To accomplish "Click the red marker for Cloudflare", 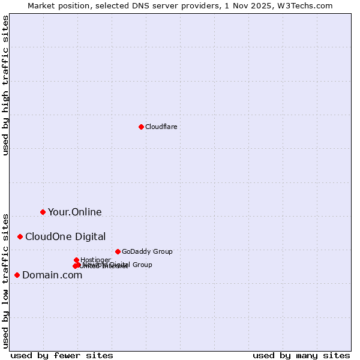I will tap(141, 127).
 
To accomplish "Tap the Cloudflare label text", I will tap(161, 127).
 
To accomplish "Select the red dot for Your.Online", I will tap(43, 212).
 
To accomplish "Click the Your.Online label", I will tap(74, 212).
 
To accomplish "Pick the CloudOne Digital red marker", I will tap(20, 236).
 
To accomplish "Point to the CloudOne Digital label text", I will tap(65, 236).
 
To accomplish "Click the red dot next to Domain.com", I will tap(17, 275).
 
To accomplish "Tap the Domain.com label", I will tap(52, 275).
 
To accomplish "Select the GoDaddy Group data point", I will tap(118, 251).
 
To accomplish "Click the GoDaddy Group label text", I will tap(146, 251).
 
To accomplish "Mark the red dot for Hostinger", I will tap(76, 260).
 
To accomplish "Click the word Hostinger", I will tap(95, 260).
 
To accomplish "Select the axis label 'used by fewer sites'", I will tap(61, 355).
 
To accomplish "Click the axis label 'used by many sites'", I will tap(301, 355).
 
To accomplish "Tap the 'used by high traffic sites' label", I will tap(5, 85).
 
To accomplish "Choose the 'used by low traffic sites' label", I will tap(5, 280).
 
